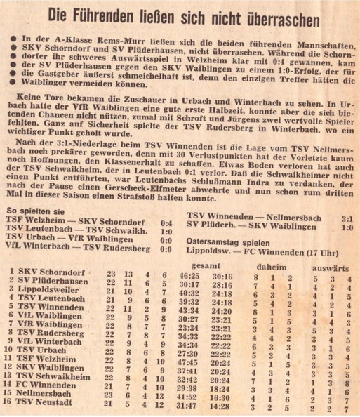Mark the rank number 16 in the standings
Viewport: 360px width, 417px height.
10,405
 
